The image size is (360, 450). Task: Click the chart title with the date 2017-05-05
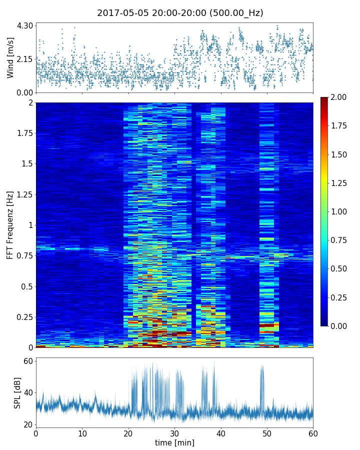(180, 13)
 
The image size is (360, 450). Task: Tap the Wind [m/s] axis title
(10, 57)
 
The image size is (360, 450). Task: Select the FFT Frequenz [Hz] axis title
(10, 224)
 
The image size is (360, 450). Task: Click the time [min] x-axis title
(174, 442)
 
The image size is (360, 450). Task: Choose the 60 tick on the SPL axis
(27, 361)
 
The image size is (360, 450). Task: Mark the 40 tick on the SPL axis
(27, 393)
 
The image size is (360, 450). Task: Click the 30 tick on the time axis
(174, 433)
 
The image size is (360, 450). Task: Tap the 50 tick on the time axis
(267, 433)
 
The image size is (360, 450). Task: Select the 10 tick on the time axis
(82, 433)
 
